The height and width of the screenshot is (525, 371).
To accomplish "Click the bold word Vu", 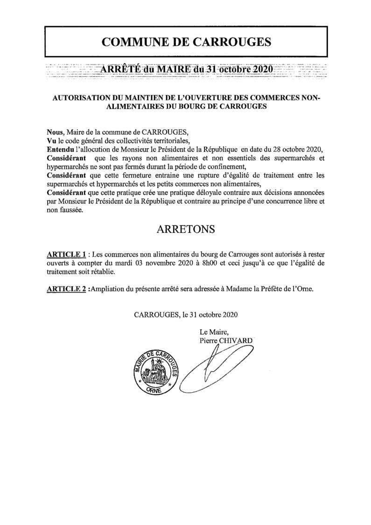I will [x=51, y=141].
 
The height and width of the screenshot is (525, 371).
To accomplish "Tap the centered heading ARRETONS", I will [x=186, y=230].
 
